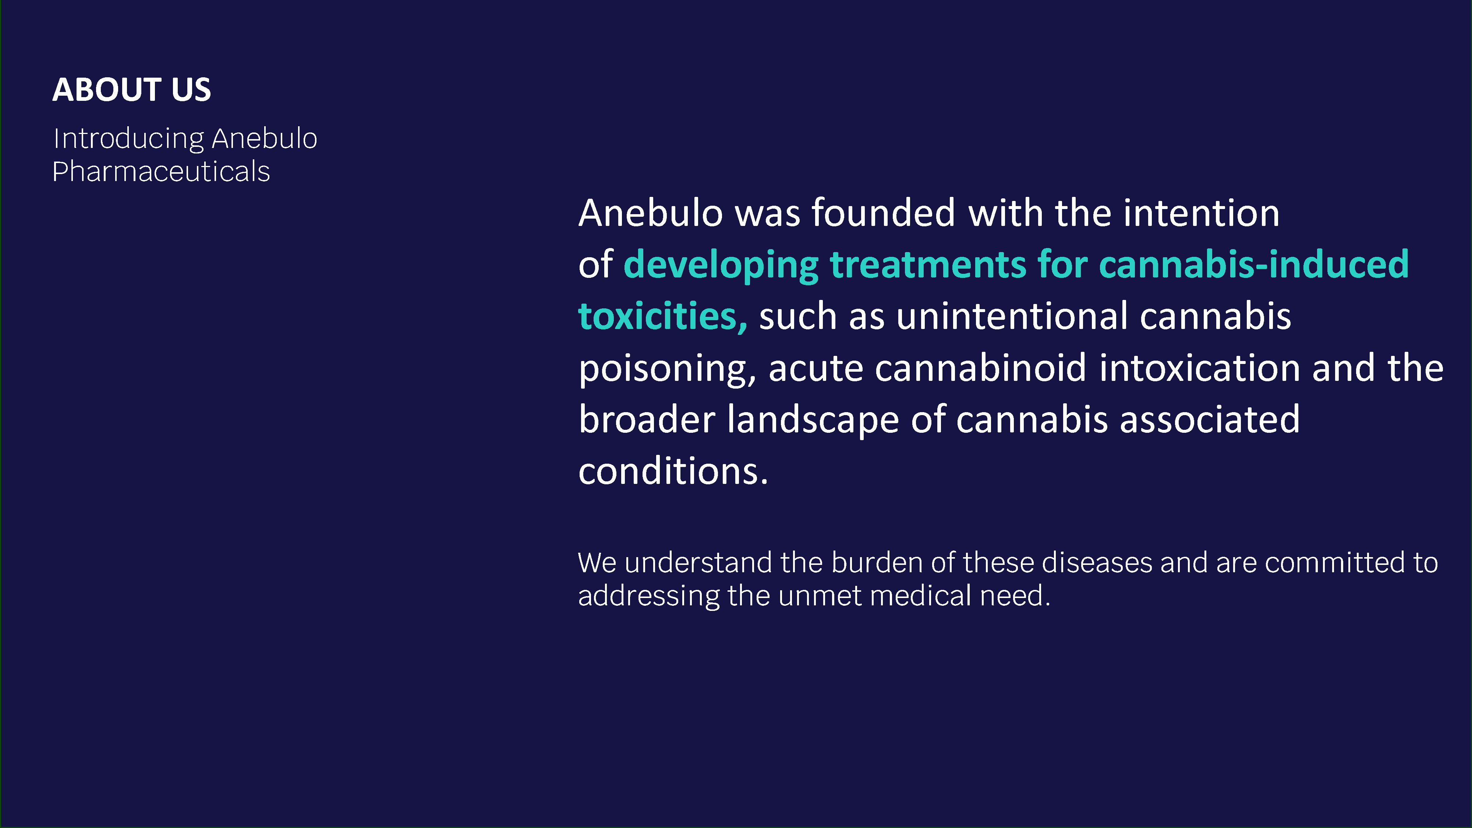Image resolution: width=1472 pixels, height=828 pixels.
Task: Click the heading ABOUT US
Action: [x=131, y=90]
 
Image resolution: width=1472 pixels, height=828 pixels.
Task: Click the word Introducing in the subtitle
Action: [x=128, y=139]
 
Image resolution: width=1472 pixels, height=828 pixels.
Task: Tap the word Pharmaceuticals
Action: [x=160, y=171]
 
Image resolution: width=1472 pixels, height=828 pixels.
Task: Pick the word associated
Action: [x=1210, y=420]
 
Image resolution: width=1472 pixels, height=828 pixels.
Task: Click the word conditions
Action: [x=673, y=471]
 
